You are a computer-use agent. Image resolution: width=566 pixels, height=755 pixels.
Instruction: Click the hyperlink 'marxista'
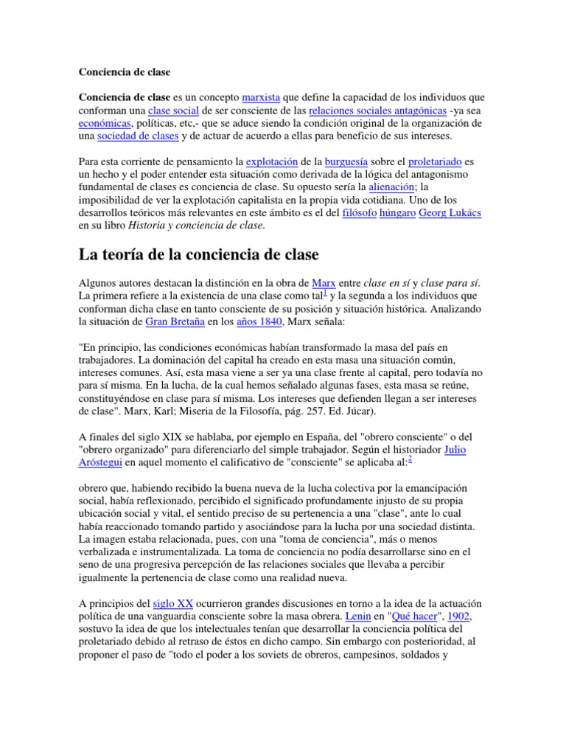261,98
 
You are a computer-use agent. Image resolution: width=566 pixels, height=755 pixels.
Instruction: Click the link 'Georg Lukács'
450,213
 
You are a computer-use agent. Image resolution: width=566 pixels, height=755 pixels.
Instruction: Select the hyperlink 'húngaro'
398,213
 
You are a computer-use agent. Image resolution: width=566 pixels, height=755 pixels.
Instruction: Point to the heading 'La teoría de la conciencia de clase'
198,255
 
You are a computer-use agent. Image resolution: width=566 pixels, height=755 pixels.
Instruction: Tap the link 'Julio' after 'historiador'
455,450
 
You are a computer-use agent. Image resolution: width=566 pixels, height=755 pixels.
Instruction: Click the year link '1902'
457,615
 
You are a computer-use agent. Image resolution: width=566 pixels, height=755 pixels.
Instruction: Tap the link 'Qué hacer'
412,615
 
